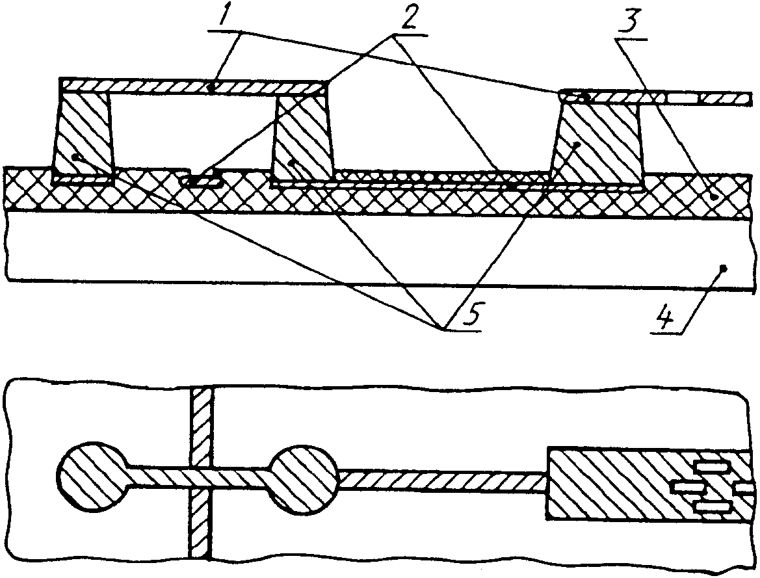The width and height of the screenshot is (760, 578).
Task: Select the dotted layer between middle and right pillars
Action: point(442,176)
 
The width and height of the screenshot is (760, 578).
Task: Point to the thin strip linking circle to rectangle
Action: point(442,480)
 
